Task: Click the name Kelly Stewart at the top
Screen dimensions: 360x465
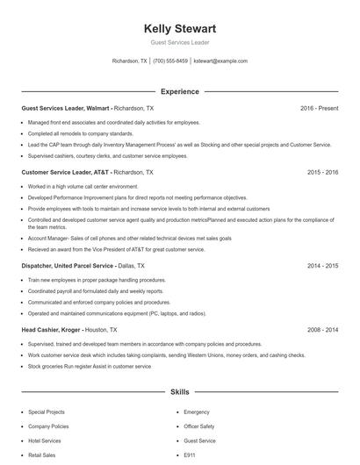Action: coord(179,28)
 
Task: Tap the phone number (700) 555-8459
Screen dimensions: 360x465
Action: coord(170,61)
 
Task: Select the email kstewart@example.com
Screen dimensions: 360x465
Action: coord(220,61)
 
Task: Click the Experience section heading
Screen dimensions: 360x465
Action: coord(179,91)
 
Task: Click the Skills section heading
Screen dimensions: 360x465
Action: coord(179,391)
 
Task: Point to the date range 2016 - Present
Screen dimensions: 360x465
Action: coord(319,108)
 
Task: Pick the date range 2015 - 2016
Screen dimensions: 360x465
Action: coord(322,173)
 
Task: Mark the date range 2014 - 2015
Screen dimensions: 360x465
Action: coord(322,263)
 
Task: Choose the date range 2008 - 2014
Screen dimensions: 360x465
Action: coord(322,329)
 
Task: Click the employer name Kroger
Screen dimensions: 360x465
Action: coord(70,329)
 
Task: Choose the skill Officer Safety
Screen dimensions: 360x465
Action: coord(200,426)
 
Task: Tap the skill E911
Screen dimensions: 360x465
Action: coord(190,455)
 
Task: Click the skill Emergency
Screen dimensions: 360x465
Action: coord(197,411)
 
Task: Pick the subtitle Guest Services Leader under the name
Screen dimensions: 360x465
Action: coord(179,42)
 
